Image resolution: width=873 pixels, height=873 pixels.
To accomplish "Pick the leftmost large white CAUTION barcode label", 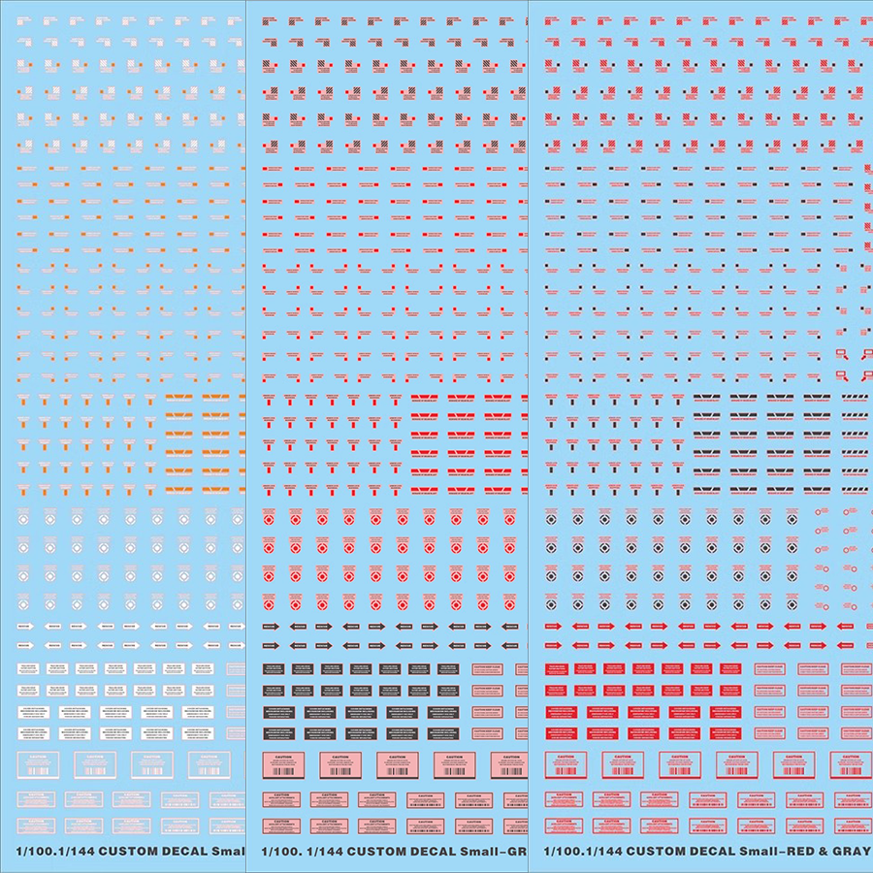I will pos(39,764).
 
